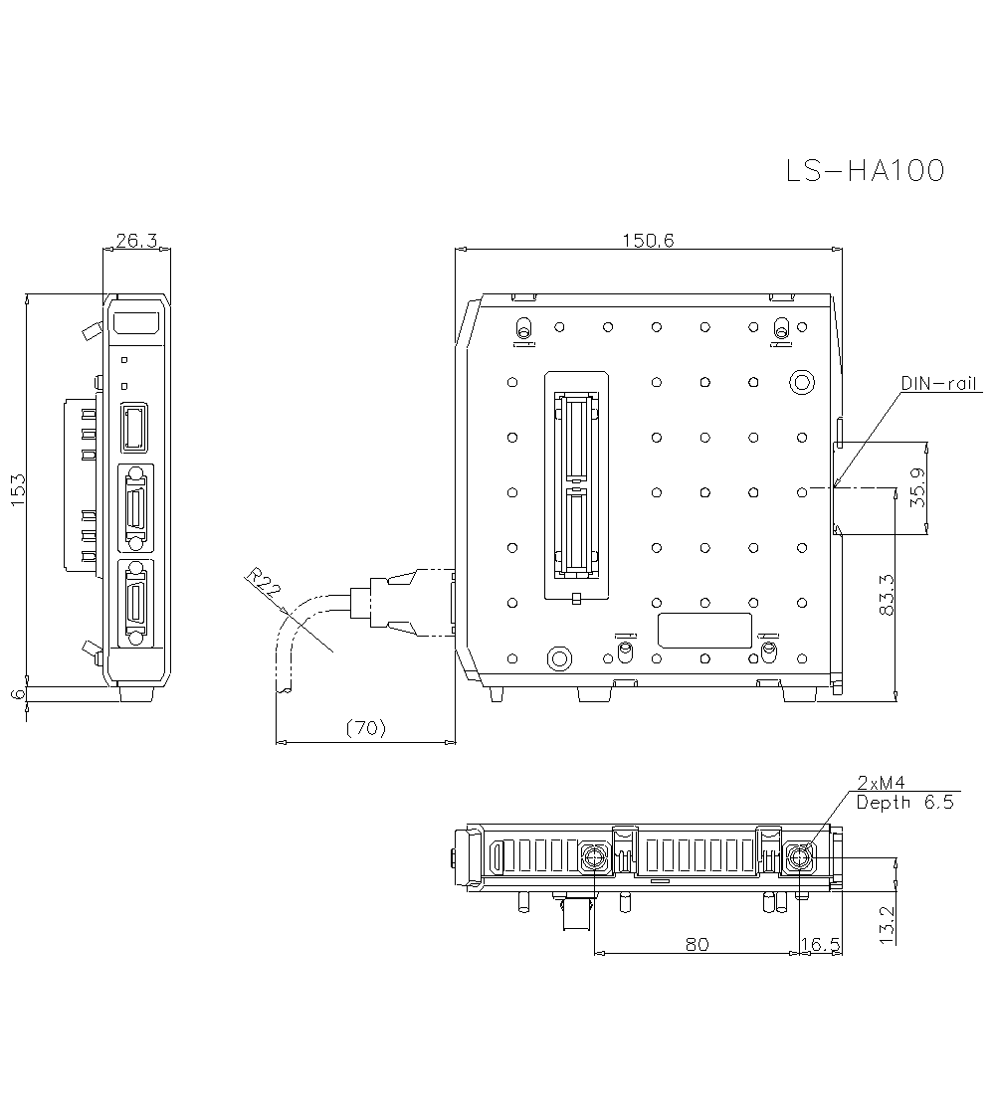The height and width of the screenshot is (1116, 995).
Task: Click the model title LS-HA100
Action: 864,171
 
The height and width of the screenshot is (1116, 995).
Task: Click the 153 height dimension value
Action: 18,490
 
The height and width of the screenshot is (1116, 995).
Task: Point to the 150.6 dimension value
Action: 648,240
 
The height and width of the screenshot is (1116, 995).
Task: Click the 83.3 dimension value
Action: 888,595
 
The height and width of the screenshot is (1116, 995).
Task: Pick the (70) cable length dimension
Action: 365,728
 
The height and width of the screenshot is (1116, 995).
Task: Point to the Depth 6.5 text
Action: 903,802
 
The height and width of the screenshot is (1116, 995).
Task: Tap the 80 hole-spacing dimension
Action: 696,944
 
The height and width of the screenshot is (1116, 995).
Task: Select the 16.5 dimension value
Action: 822,944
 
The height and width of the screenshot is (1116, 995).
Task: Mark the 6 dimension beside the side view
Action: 18,694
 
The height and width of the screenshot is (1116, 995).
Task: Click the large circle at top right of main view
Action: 801,382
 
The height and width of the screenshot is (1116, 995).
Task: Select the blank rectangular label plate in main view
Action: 704,630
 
